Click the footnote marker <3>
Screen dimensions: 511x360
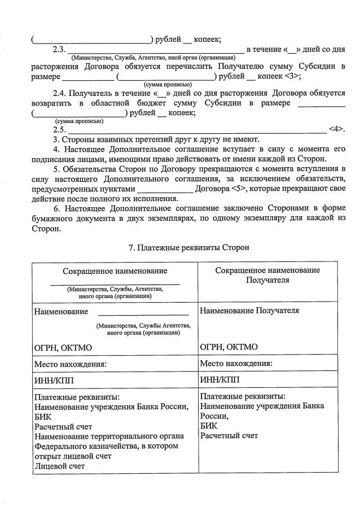pyautogui.click(x=292, y=76)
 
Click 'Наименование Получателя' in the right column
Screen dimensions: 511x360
pyautogui.click(x=249, y=311)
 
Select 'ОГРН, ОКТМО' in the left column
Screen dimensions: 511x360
pyautogui.click(x=63, y=347)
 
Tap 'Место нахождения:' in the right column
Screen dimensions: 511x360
pyautogui.click(x=236, y=363)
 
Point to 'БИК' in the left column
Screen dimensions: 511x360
pyautogui.click(x=43, y=416)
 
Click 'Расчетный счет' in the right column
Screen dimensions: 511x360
pyautogui.click(x=229, y=435)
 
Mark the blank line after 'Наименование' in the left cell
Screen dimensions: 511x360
pyautogui.click(x=143, y=315)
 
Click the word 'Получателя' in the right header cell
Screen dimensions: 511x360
pyautogui.click(x=267, y=279)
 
